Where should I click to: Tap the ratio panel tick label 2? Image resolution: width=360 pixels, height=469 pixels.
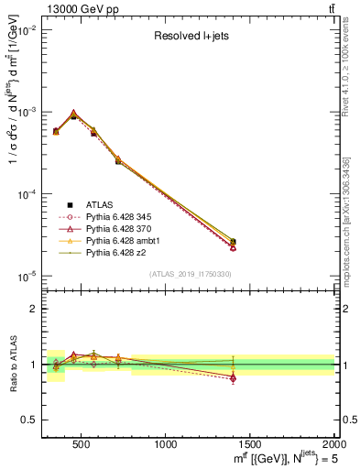point(32,309)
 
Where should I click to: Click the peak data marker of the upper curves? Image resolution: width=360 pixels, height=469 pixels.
point(73,114)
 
